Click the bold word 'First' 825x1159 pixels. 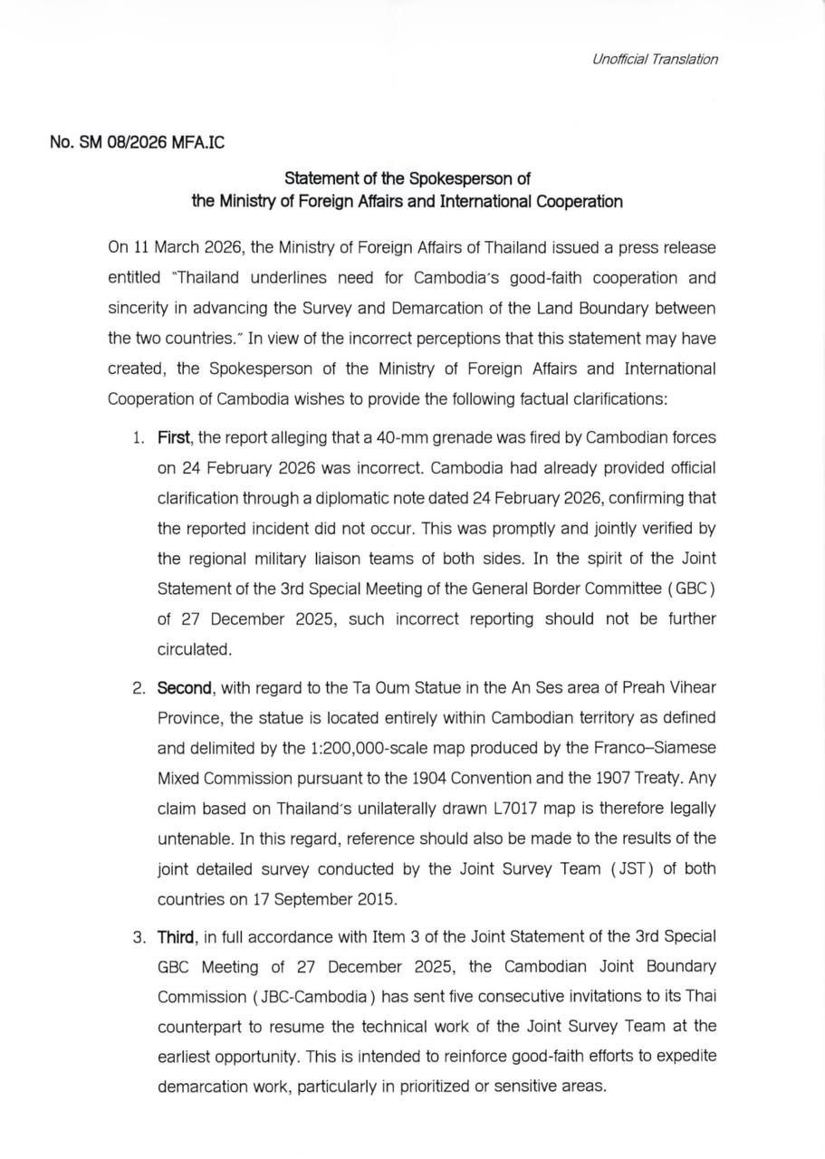173,438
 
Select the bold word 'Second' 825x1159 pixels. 184,688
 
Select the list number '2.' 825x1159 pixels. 139,688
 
